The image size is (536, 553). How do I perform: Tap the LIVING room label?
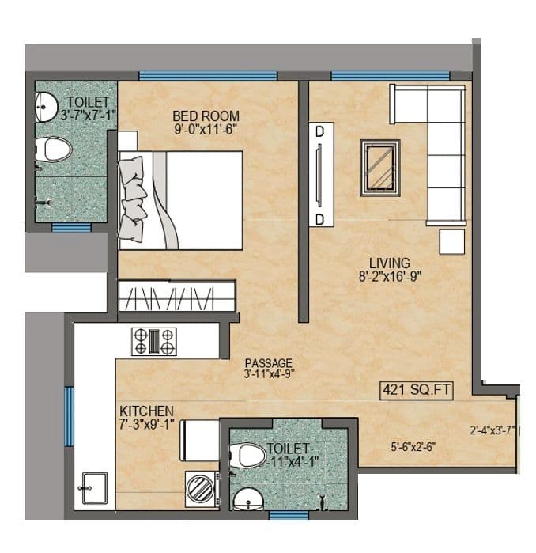pos(388,263)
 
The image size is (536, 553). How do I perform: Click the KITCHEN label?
pos(146,411)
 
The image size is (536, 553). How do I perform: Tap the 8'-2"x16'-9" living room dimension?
pos(388,276)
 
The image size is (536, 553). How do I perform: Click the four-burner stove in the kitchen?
pos(155,341)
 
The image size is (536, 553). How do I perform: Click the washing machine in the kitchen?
pos(201,490)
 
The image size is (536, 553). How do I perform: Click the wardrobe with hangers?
pos(177,299)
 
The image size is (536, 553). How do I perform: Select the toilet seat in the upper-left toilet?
pos(54,147)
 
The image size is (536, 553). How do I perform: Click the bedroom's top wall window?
pos(208,76)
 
